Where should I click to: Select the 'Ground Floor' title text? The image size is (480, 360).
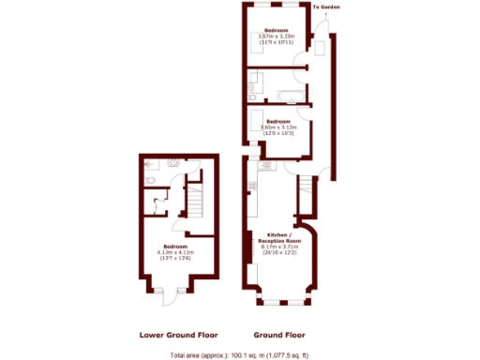(x=278, y=335)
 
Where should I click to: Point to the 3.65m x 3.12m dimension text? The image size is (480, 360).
(x=278, y=127)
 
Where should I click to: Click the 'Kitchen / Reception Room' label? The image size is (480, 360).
(x=278, y=237)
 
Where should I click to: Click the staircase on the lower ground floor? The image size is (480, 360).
(x=194, y=200)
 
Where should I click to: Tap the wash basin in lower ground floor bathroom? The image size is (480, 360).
(x=174, y=162)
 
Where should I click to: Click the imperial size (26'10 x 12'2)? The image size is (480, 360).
(x=278, y=253)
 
